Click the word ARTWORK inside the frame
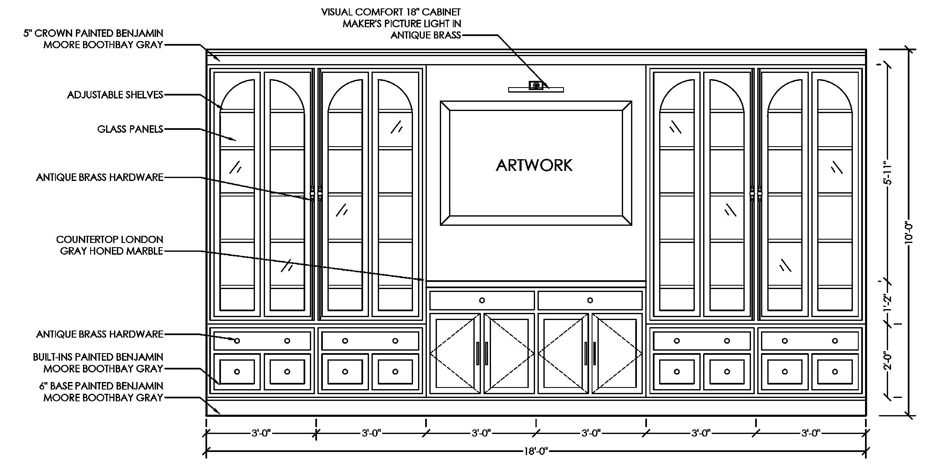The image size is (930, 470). pyautogui.click(x=534, y=165)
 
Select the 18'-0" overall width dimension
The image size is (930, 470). pyautogui.click(x=536, y=451)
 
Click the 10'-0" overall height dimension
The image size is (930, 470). pyautogui.click(x=908, y=232)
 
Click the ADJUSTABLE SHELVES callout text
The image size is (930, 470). pyautogui.click(x=115, y=95)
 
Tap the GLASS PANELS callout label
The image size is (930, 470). pyautogui.click(x=130, y=129)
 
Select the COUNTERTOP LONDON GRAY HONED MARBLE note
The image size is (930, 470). pyautogui.click(x=110, y=245)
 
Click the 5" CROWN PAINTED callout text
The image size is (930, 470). pyautogui.click(x=93, y=39)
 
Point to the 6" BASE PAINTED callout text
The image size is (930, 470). pyautogui.click(x=101, y=392)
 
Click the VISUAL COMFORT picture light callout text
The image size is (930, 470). pyautogui.click(x=391, y=23)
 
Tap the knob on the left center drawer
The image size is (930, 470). pyautogui.click(x=482, y=300)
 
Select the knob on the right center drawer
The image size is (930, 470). pyautogui.click(x=590, y=300)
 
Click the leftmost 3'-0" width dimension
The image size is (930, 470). pyautogui.click(x=261, y=433)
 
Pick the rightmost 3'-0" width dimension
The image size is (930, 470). pyautogui.click(x=811, y=433)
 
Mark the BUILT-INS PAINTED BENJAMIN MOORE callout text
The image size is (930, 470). pyautogui.click(x=98, y=363)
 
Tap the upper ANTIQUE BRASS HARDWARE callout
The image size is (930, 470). pyautogui.click(x=100, y=178)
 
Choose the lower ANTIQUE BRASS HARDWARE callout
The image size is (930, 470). pyautogui.click(x=100, y=334)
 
